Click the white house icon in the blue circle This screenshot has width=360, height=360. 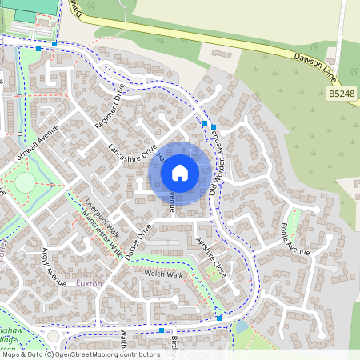(x=180, y=172)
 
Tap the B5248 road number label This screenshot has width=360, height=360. (x=342, y=94)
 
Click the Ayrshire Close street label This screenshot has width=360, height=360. (x=210, y=246)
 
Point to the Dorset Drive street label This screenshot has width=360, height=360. (x=137, y=241)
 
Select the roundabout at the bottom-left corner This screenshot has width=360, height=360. (x=53, y=336)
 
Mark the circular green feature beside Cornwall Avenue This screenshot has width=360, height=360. (x=25, y=182)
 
